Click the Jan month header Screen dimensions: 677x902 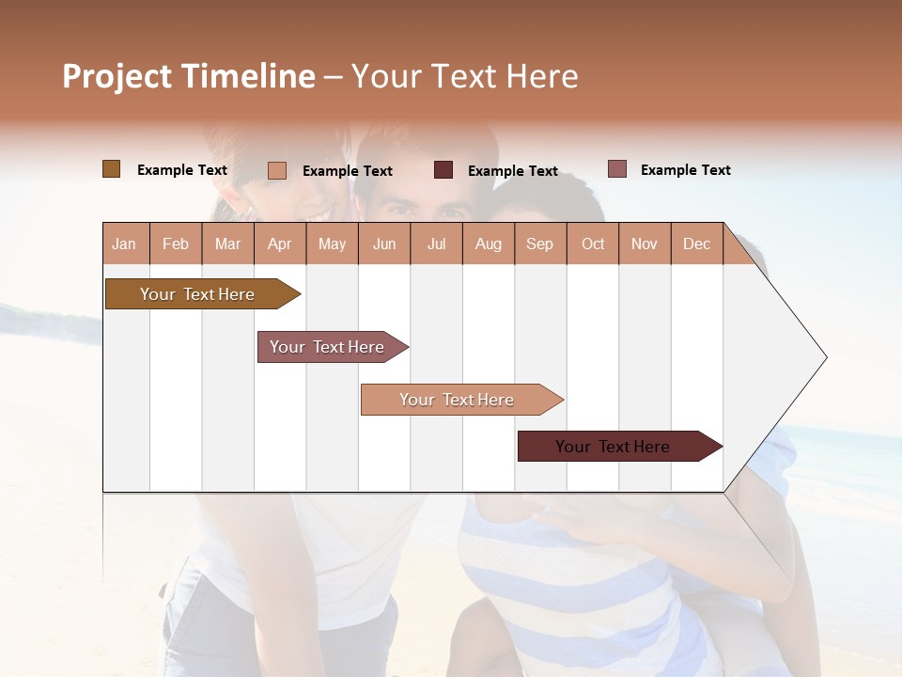point(125,244)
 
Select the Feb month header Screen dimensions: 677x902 point(176,244)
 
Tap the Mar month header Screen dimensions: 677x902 point(227,244)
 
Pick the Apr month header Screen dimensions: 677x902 point(280,244)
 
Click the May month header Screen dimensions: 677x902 point(332,244)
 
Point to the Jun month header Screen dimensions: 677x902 point(384,244)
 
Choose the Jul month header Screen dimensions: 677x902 point(436,244)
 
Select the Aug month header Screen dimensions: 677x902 point(489,244)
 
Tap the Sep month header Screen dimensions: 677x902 point(540,244)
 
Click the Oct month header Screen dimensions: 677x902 point(593,244)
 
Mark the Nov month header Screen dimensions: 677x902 point(645,244)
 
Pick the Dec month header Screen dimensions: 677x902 point(696,244)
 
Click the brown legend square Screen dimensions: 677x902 point(111,169)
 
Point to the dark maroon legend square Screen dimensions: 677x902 point(443,170)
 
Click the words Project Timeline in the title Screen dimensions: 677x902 point(189,76)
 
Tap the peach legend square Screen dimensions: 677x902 point(277,170)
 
